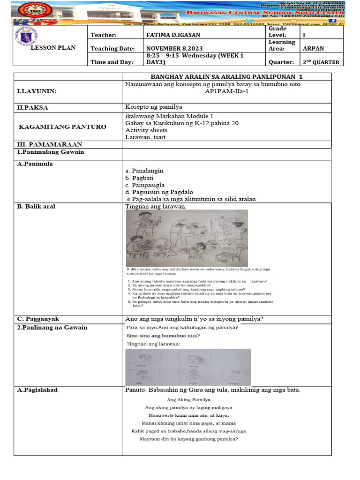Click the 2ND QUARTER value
[321, 62]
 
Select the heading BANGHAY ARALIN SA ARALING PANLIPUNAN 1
[226, 77]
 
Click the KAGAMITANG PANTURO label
[62, 127]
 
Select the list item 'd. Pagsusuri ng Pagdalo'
[159, 192]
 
